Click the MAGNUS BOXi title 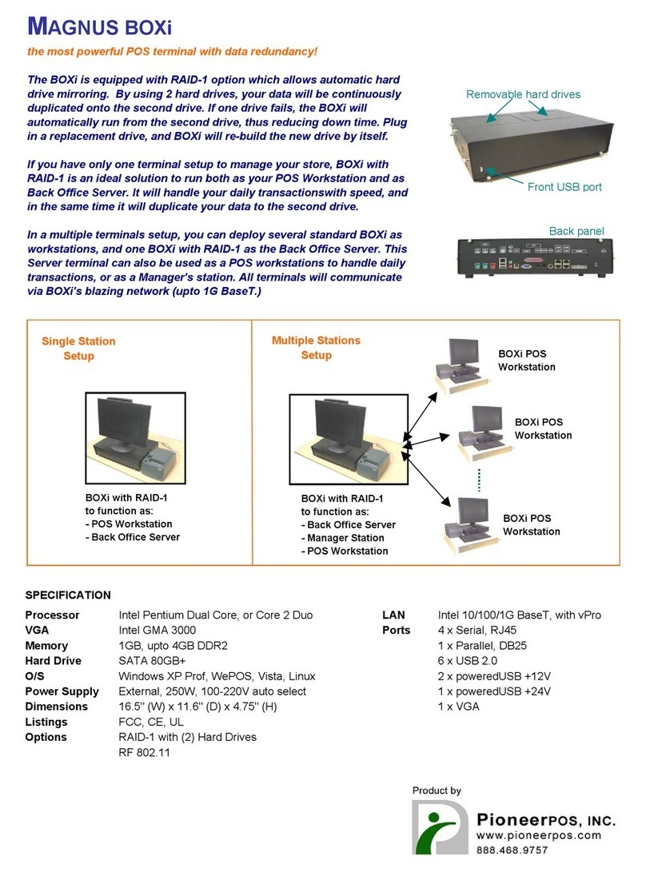tap(100, 26)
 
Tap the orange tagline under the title tap(172, 52)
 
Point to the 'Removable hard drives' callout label tap(523, 94)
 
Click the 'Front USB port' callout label tap(564, 187)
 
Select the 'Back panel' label tap(576, 231)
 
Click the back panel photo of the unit tap(535, 257)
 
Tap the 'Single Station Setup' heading tap(78, 348)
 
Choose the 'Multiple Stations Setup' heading tap(316, 348)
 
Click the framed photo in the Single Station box tap(135, 438)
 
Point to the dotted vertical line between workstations tap(479, 480)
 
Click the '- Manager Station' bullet tap(343, 538)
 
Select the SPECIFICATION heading tap(68, 595)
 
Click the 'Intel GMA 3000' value tap(157, 630)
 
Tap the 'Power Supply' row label tap(62, 691)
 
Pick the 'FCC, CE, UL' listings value tap(151, 722)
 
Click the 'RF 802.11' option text tap(144, 752)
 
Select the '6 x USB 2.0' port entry tap(468, 661)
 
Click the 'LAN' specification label tap(393, 615)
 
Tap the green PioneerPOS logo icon tap(440, 827)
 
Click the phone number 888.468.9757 tap(512, 850)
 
